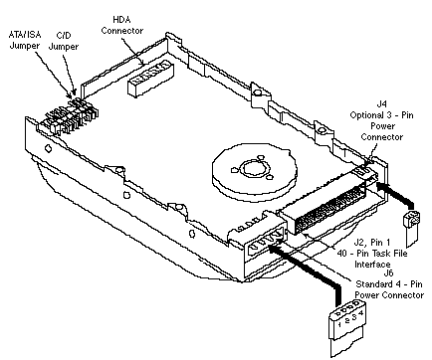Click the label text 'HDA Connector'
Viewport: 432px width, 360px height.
click(x=122, y=25)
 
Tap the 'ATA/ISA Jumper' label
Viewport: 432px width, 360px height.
click(x=25, y=40)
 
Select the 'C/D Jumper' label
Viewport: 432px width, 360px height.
click(x=64, y=41)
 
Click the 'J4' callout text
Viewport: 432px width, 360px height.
click(x=382, y=104)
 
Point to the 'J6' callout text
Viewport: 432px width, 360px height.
click(x=388, y=273)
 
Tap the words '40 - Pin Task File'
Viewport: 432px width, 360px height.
click(x=372, y=254)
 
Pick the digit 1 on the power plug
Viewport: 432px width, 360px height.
click(x=339, y=324)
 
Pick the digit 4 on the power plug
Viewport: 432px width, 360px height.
click(x=361, y=313)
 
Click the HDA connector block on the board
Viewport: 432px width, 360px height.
click(x=150, y=79)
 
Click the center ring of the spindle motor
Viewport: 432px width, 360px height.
click(x=254, y=168)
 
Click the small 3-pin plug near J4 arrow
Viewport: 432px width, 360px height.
click(x=411, y=228)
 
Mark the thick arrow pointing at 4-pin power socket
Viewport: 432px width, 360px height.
click(x=306, y=270)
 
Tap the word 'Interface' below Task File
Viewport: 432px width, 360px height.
click(x=372, y=265)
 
